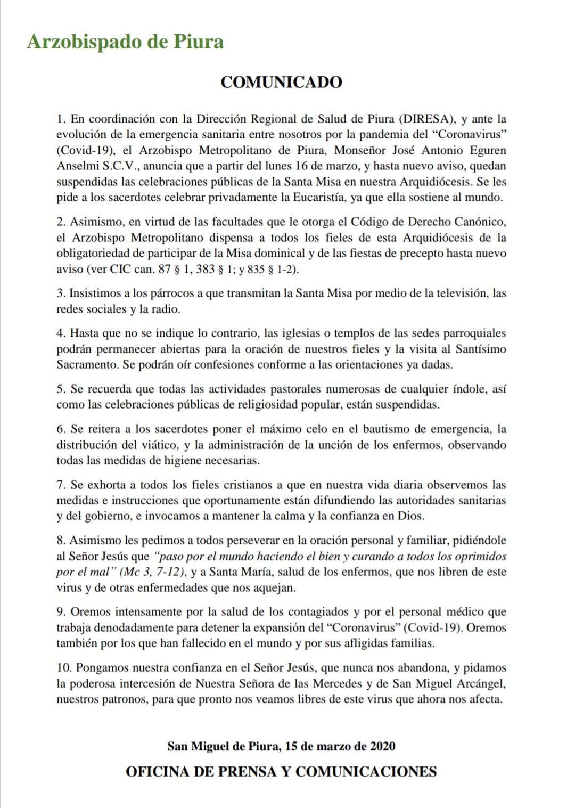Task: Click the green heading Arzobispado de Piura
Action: pos(125,41)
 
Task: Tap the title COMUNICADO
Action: pos(281,83)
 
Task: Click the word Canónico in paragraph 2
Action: pos(482,221)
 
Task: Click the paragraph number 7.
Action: pos(60,485)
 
